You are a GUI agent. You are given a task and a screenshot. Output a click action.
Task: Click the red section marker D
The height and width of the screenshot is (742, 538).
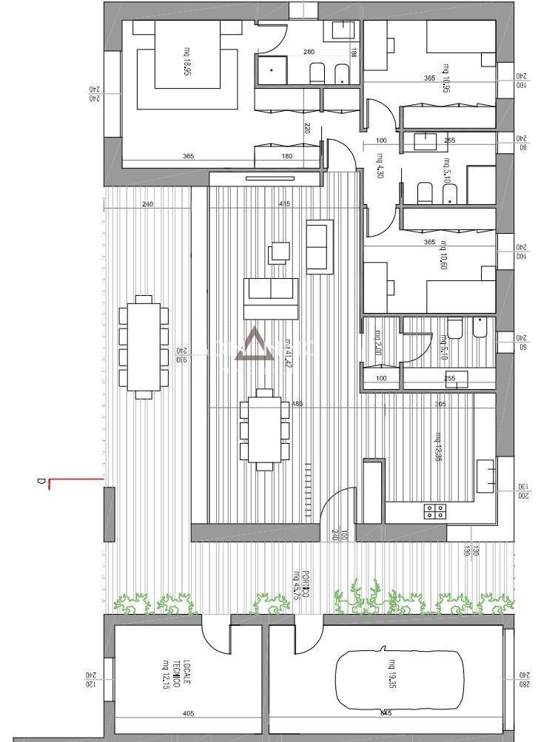click(x=42, y=483)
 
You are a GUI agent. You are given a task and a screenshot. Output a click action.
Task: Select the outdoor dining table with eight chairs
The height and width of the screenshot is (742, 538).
click(x=144, y=346)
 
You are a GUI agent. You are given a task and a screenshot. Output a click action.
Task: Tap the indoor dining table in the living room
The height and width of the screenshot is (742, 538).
click(x=264, y=430)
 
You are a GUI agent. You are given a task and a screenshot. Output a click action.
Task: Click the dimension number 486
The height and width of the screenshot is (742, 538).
click(x=298, y=404)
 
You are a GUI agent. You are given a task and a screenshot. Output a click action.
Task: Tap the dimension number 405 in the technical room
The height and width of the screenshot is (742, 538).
click(x=188, y=715)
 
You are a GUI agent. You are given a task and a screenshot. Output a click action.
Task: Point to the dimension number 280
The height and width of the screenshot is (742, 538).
click(x=309, y=52)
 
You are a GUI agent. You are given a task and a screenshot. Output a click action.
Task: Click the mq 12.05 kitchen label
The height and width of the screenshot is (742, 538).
click(x=438, y=446)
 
